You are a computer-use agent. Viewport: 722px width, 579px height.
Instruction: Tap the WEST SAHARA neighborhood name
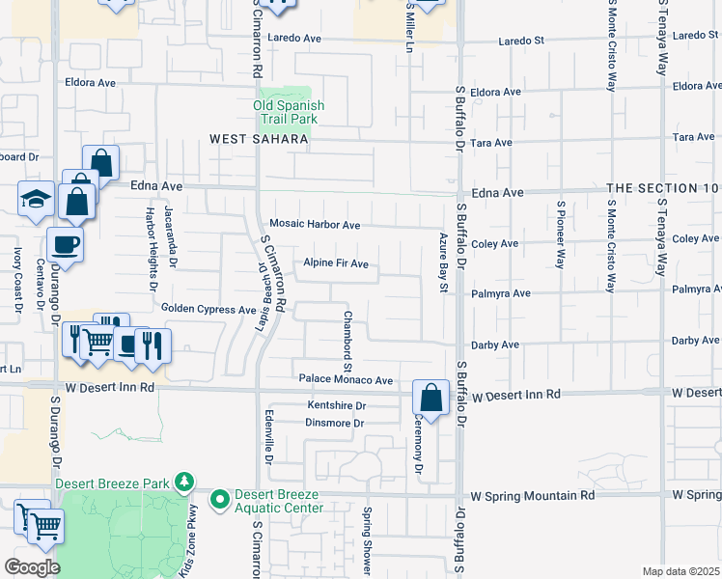click(259, 140)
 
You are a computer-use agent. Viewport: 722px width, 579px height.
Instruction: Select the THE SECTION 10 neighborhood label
click(663, 187)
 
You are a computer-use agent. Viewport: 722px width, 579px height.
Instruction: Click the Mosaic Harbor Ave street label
click(315, 225)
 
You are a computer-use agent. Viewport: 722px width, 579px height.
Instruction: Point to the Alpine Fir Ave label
click(336, 263)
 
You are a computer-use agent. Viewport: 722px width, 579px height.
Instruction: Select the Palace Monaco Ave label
click(346, 380)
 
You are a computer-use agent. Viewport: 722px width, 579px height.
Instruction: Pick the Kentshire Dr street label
click(337, 405)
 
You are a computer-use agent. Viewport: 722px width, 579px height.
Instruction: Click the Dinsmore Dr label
click(335, 423)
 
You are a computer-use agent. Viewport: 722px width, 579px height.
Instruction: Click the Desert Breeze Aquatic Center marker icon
click(220, 499)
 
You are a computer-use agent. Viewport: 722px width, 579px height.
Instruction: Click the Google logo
click(31, 567)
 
